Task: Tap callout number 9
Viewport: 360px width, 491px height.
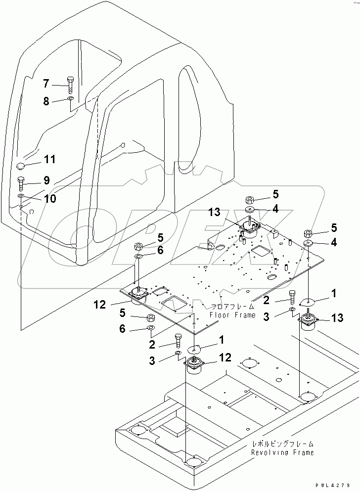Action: [46, 180]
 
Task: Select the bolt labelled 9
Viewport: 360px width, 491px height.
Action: [21, 183]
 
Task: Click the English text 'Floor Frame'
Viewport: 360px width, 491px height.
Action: [232, 314]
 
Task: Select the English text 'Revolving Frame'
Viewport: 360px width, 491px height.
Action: [282, 452]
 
